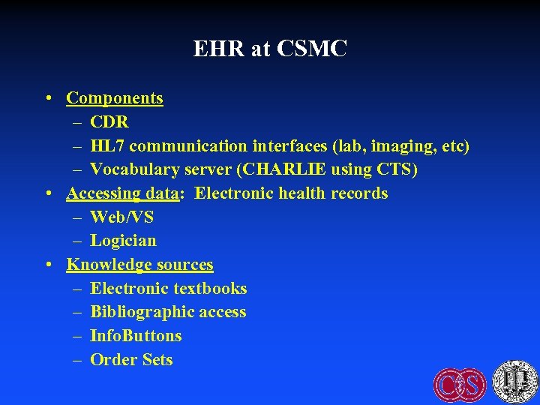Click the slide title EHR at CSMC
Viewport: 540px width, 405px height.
[270, 49]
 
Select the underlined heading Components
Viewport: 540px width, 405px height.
[114, 97]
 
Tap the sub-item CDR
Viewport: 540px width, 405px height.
[109, 121]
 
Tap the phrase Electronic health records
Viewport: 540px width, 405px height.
[291, 193]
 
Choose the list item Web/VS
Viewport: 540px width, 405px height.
[121, 217]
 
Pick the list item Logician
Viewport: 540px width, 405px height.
[123, 241]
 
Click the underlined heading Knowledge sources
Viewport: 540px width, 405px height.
[139, 265]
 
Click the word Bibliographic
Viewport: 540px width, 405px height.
[139, 312]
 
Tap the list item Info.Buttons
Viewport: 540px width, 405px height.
[136, 336]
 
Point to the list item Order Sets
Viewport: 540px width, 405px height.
[131, 360]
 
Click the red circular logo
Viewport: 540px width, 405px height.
[460, 383]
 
